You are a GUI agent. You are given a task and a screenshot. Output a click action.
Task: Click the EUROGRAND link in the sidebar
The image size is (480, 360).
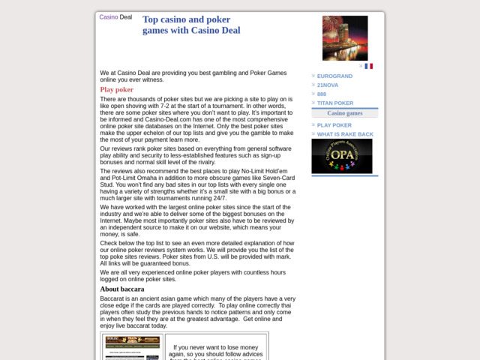(x=334, y=76)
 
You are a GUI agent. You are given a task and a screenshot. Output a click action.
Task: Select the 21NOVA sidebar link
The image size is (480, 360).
(x=328, y=85)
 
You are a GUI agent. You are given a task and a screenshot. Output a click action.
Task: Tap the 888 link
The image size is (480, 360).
(x=322, y=94)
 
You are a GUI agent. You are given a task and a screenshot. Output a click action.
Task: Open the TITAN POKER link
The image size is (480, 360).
(x=334, y=103)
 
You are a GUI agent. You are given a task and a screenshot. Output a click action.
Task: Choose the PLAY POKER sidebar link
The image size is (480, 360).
(x=334, y=125)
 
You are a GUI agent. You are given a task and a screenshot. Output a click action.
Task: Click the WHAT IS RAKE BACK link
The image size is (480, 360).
(x=345, y=134)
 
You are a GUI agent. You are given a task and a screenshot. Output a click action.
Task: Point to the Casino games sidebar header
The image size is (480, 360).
(x=345, y=113)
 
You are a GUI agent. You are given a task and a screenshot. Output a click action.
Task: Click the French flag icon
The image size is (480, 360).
(x=368, y=66)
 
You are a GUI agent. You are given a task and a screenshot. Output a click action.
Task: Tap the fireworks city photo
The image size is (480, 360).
(x=345, y=38)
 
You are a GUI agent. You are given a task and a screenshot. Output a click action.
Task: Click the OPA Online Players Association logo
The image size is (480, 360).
(x=341, y=156)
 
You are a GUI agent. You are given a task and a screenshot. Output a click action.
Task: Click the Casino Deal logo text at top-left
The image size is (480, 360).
(x=115, y=16)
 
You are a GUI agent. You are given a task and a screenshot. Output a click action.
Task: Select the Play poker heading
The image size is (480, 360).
(x=117, y=89)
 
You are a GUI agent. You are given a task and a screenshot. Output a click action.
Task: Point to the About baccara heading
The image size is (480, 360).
(x=122, y=289)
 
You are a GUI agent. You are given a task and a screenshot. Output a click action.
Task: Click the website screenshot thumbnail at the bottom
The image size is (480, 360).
(x=132, y=347)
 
